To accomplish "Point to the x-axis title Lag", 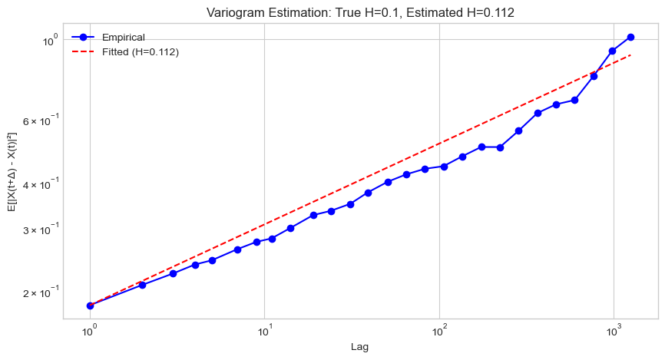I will [360, 348].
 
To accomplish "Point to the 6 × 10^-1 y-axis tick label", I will [40, 121].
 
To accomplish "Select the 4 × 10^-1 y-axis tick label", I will [40, 184].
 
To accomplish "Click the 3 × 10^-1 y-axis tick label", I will [40, 230].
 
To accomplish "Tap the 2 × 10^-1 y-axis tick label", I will [40, 292].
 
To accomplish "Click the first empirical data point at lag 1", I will [90, 306].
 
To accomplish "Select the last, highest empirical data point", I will [630, 37].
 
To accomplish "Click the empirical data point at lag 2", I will [143, 285].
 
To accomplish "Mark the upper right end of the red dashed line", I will [630, 55].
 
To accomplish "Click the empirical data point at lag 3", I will [173, 273].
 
